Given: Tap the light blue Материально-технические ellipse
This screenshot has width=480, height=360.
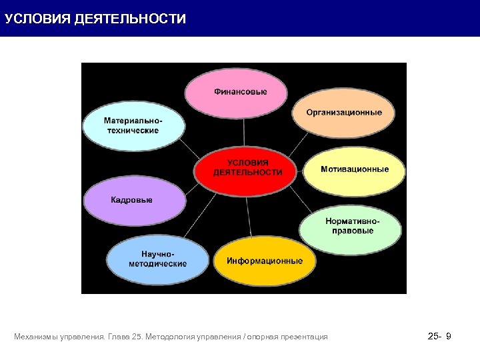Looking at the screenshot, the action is click(x=133, y=125).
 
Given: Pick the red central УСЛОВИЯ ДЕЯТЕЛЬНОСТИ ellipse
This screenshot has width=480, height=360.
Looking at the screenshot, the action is click(x=247, y=169).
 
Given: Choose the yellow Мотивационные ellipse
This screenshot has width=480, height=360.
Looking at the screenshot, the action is click(x=354, y=170).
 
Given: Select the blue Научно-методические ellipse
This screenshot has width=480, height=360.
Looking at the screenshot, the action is click(x=157, y=260).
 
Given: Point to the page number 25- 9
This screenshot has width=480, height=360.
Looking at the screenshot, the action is click(x=439, y=337).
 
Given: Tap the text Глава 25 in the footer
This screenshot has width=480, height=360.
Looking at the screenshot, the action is click(x=124, y=337).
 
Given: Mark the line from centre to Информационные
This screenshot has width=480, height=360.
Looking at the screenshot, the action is click(x=249, y=217).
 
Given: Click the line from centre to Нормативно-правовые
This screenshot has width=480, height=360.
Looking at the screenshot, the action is click(x=300, y=203).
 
